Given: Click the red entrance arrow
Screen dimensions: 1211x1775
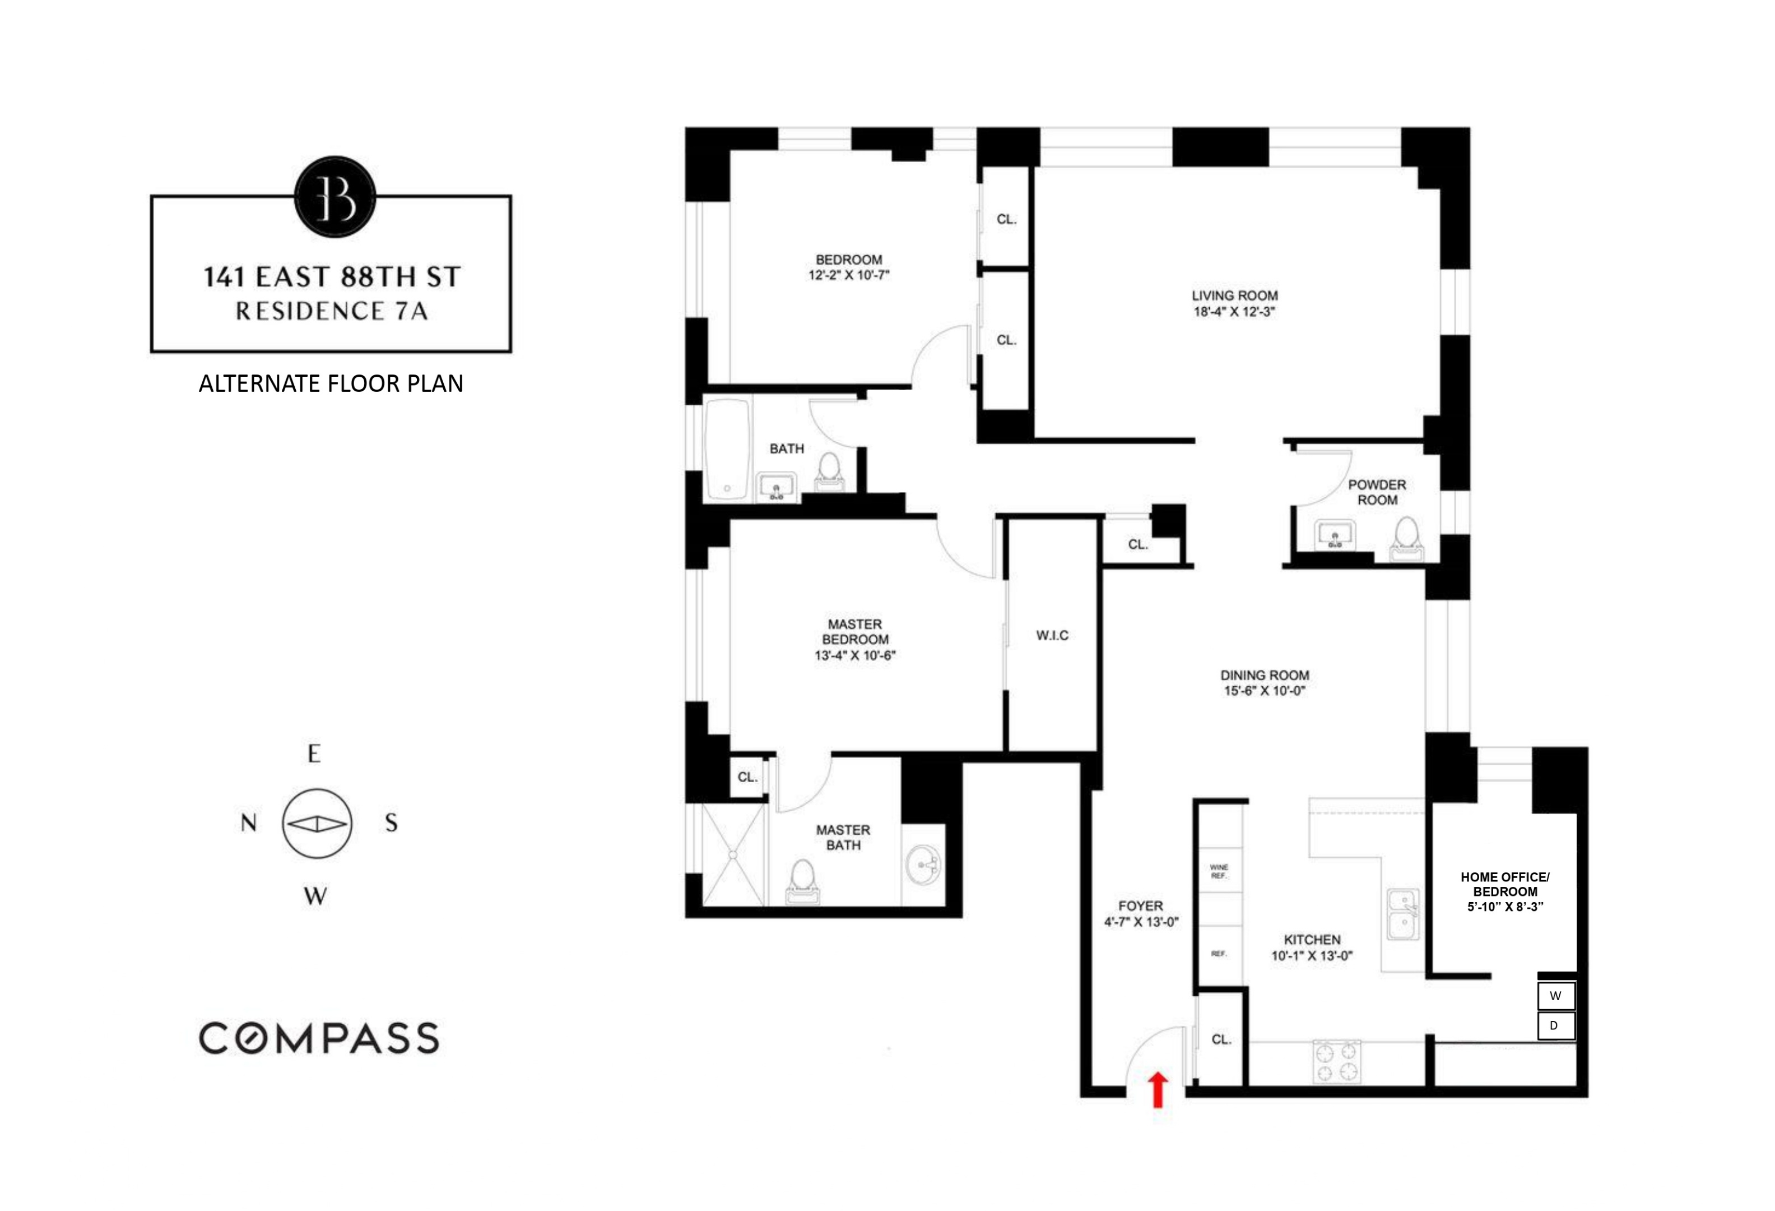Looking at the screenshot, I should pos(1158,1089).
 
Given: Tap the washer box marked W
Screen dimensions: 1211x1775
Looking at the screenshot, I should pos(1555,996).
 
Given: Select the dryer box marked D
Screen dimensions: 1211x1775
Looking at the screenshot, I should pos(1555,1026).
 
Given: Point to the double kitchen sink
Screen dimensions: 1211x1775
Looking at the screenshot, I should pos(1403,914).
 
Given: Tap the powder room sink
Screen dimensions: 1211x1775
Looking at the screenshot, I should pos(1334,534).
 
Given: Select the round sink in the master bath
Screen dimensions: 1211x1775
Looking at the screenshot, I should pos(923,866).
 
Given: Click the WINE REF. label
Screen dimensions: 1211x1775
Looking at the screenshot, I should pos(1219,871).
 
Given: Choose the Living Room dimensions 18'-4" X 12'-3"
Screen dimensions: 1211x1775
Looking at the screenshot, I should pos(1234,312).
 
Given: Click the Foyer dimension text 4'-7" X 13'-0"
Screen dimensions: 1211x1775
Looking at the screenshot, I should pos(1141,922).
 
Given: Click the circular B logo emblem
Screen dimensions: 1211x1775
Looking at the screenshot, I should pos(335,196).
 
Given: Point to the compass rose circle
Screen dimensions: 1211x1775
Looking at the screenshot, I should pos(317,824).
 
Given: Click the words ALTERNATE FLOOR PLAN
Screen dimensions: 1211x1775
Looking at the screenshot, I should pos(331,383).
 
